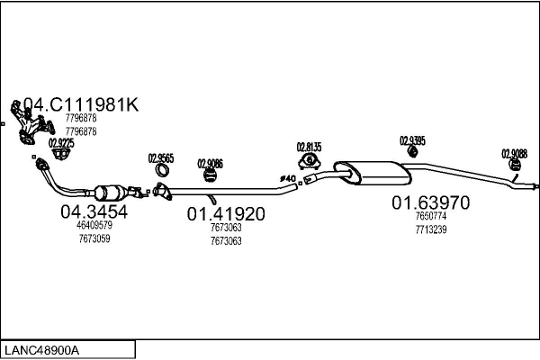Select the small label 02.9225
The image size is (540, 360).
(61, 142)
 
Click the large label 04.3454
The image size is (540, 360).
(94, 212)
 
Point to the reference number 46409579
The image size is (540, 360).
(94, 226)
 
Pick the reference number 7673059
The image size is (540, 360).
(94, 238)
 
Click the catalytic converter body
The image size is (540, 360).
(112, 193)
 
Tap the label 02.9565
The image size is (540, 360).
(160, 158)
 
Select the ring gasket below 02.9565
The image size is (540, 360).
(163, 171)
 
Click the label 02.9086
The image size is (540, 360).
(210, 163)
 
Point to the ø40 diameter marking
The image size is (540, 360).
(288, 178)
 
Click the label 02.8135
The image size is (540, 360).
(310, 147)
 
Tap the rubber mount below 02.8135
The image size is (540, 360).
(309, 161)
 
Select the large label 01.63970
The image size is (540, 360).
(430, 203)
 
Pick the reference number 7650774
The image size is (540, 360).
(430, 217)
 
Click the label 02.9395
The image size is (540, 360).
(412, 140)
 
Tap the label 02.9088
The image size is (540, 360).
(515, 153)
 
